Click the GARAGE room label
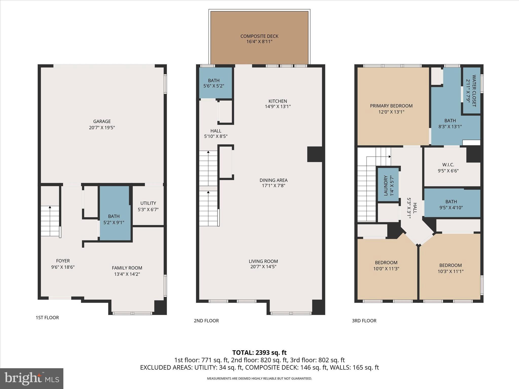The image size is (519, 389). [x=102, y=122]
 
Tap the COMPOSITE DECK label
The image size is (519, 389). [x=259, y=36]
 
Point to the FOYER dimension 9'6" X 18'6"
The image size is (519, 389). [x=63, y=267]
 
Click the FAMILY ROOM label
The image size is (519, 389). [x=127, y=268]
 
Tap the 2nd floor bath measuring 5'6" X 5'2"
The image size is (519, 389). [x=214, y=83]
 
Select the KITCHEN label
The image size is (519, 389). [x=278, y=101]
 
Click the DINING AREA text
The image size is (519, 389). [x=273, y=180]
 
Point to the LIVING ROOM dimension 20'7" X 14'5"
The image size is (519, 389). [x=263, y=267]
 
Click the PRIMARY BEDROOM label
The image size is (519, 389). [x=391, y=106]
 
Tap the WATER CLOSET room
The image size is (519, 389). [x=472, y=91]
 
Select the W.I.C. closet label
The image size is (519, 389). [x=448, y=165]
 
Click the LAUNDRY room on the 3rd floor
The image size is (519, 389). [x=388, y=185]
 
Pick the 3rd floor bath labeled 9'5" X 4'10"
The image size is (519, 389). [x=451, y=204]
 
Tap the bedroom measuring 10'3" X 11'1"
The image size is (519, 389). [x=450, y=268]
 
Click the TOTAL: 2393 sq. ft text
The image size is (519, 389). [x=259, y=353]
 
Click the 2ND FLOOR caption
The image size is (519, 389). [x=206, y=321]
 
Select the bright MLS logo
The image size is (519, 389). [x=32, y=378]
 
